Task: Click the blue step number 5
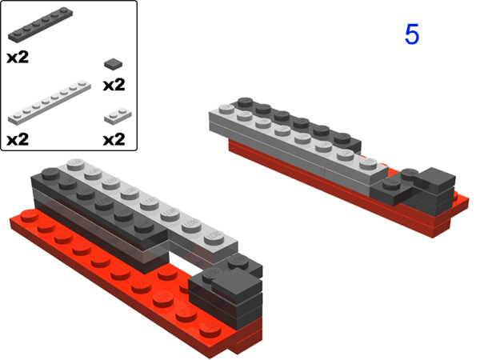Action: pyautogui.click(x=412, y=34)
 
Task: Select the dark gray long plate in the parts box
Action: pyautogui.click(x=41, y=24)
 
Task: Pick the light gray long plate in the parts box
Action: pyautogui.click(x=50, y=102)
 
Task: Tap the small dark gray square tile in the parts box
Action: pyautogui.click(x=114, y=64)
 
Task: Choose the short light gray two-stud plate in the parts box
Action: pyautogui.click(x=118, y=116)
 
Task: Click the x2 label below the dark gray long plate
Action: pyautogui.click(x=18, y=58)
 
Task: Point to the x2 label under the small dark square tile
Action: pyautogui.click(x=114, y=85)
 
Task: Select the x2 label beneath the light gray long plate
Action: pyautogui.click(x=18, y=139)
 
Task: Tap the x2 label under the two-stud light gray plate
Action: pyautogui.click(x=114, y=139)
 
